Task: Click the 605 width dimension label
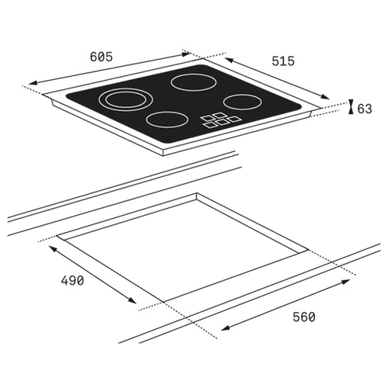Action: [102, 57]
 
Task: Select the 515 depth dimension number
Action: [283, 61]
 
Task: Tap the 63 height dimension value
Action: [365, 109]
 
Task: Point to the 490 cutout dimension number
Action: [72, 280]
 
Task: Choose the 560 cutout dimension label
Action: [304, 317]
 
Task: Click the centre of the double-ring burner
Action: [126, 100]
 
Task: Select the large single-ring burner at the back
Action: [193, 82]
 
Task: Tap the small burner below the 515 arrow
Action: [242, 102]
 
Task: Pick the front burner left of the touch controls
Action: [167, 120]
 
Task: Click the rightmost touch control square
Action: [234, 119]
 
